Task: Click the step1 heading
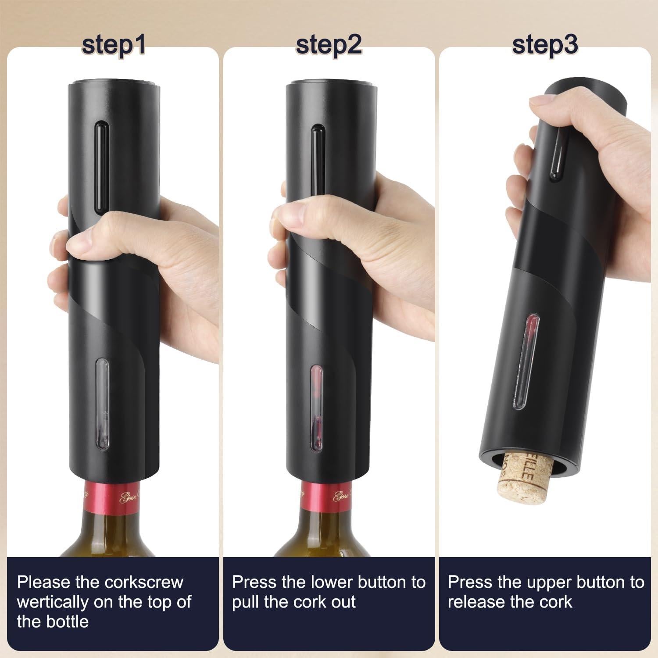[113, 45]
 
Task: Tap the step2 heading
[329, 44]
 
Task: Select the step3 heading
[545, 44]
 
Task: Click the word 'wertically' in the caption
[52, 602]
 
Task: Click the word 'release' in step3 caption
[476, 602]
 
